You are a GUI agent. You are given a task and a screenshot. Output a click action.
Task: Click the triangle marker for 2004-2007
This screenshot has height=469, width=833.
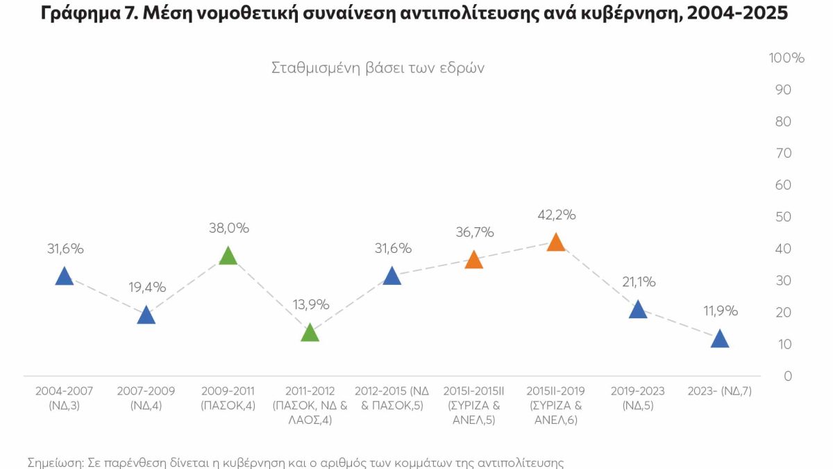pos(64,277)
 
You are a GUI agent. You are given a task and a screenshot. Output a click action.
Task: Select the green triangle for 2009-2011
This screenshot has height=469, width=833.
pos(228,256)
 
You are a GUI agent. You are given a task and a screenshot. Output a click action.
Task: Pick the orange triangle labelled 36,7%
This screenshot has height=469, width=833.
pos(473,261)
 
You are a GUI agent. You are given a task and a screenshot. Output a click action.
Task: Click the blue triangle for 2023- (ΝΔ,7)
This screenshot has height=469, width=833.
pos(720,340)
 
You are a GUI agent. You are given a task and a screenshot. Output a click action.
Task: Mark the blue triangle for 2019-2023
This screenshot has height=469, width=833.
pos(638,311)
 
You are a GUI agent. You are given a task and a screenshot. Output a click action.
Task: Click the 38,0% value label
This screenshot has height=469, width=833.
pos(228,228)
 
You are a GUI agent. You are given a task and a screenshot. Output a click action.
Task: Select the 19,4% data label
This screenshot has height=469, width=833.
pos(146,287)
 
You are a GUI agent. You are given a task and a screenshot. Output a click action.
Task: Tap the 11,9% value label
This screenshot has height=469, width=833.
pos(720,311)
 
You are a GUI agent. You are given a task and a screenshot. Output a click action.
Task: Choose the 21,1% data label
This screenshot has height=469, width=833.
pos(638,282)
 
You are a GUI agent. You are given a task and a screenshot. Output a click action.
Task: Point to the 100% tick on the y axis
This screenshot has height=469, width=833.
pos(786,58)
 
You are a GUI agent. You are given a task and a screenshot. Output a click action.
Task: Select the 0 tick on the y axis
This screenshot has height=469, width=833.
pos(789,376)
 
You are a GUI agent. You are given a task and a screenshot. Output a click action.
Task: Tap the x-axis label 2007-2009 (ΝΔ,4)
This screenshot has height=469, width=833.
pos(146,398)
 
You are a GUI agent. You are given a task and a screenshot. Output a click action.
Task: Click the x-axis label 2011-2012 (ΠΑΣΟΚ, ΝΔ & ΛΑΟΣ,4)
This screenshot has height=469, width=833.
pos(310,405)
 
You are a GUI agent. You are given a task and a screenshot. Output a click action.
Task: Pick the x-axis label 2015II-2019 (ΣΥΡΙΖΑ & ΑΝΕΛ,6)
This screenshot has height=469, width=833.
pos(555,405)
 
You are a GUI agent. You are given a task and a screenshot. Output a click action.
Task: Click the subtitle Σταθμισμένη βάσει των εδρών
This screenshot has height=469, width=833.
pos(378,68)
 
